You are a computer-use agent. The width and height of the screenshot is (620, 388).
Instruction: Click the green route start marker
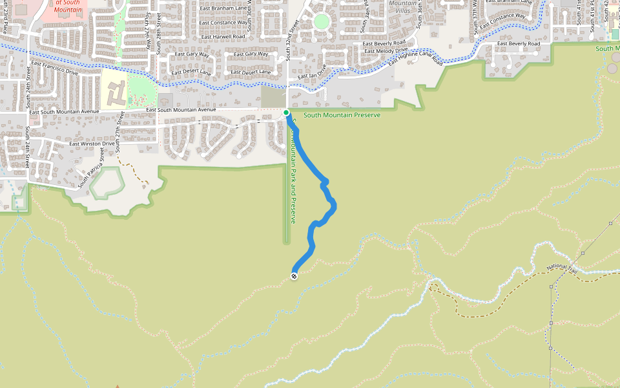(x=286, y=113)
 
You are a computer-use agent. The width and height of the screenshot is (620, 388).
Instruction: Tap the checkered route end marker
(x=294, y=276)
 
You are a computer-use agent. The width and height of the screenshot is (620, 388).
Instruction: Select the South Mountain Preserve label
(x=342, y=115)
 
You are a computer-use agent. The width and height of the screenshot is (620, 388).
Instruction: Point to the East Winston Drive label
(x=92, y=144)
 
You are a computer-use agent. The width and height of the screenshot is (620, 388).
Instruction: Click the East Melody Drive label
(x=386, y=50)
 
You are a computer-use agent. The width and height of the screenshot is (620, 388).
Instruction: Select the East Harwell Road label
(x=223, y=37)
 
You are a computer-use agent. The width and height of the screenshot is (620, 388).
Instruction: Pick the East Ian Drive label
(x=312, y=76)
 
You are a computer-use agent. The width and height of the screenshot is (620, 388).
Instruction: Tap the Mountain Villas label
(x=403, y=7)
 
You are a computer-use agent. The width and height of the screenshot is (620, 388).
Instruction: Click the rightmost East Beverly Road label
(x=515, y=43)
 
